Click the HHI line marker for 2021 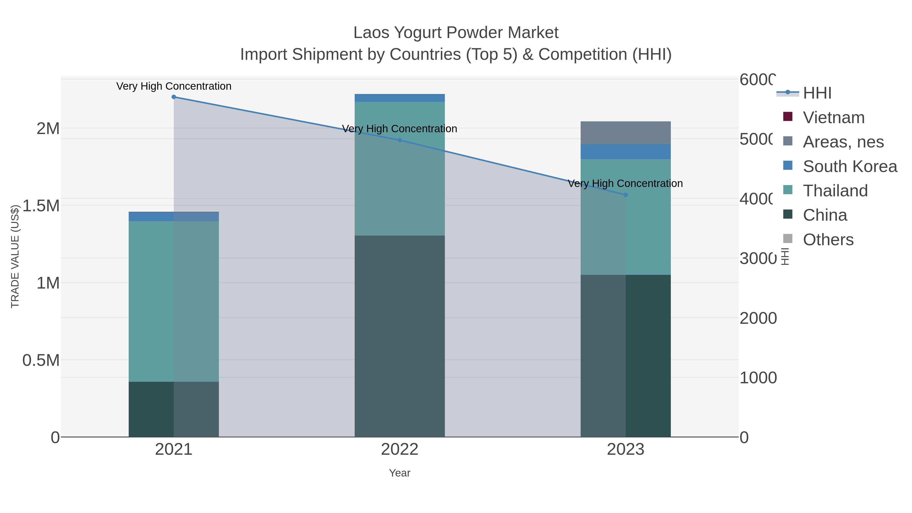point(174,97)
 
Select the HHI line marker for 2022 point(400,140)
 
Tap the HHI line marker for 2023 point(625,195)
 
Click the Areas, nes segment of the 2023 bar point(625,133)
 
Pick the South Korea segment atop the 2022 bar point(400,98)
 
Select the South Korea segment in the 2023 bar point(625,151)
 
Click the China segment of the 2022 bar point(400,336)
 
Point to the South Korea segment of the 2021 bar point(174,217)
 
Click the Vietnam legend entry point(834,118)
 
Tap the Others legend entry point(828,240)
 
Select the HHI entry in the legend point(817,93)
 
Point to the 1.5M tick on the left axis point(41,206)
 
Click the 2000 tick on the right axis point(758,318)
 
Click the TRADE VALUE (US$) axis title point(15,256)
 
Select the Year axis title point(400,473)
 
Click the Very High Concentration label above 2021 point(174,86)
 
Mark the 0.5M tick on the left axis point(41,360)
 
